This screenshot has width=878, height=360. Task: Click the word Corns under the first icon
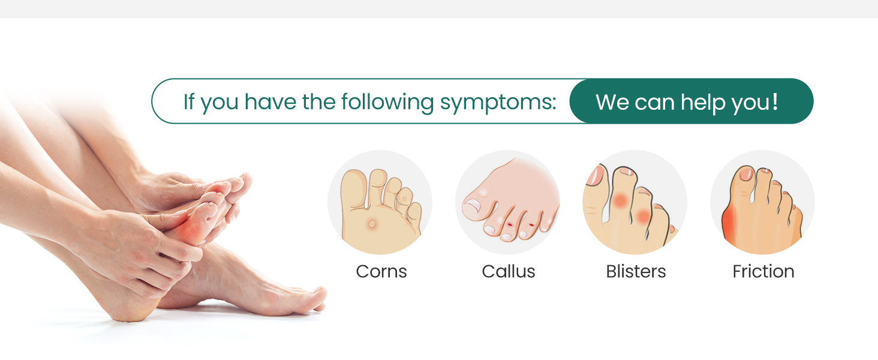381,272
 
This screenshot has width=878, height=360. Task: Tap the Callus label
509,272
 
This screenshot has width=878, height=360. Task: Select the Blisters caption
636,272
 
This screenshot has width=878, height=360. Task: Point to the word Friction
763,272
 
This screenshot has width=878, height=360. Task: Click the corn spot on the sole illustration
372,224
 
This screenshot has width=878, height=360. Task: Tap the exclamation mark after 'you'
775,101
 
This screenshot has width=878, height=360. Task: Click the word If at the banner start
189,102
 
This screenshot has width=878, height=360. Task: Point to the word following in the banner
388,102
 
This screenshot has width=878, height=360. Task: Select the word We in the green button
612,102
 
